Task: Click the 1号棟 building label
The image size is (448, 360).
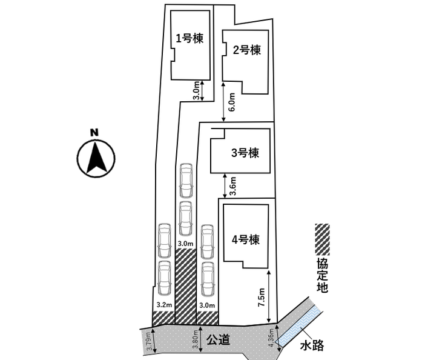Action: [189, 38]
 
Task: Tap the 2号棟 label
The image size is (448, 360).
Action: [247, 50]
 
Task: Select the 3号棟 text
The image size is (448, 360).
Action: [245, 153]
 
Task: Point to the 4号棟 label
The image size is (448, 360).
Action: [245, 239]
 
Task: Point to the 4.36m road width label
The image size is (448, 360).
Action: [271, 335]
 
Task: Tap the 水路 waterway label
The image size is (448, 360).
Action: [312, 346]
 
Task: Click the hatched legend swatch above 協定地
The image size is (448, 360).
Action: [322, 239]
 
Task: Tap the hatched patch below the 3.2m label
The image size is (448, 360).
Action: [163, 318]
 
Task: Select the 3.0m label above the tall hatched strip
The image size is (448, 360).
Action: [185, 244]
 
